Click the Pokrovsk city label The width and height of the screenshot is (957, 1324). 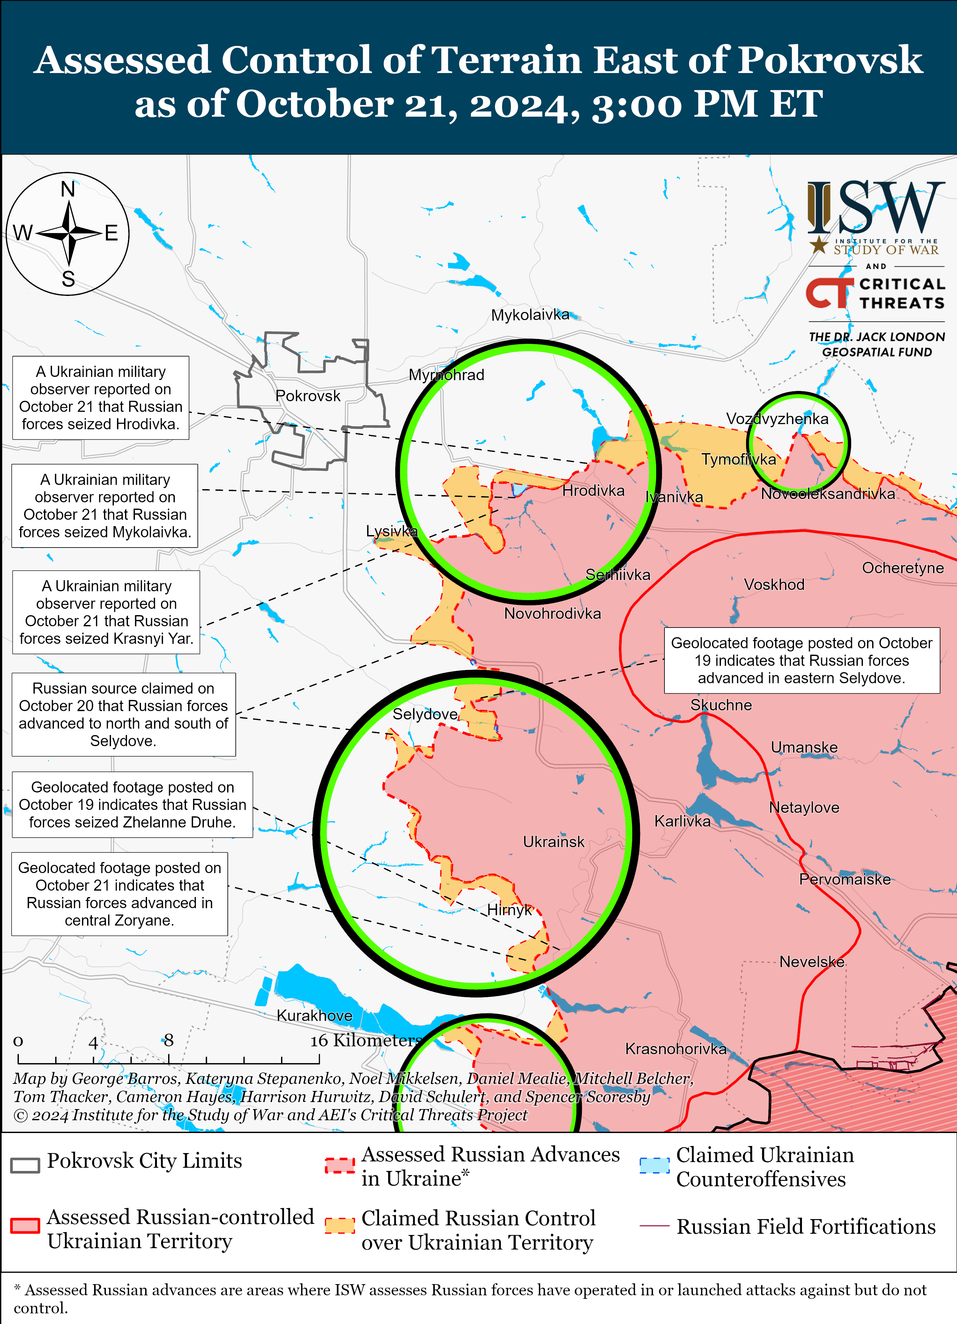click(308, 396)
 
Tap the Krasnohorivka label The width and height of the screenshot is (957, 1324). click(676, 1048)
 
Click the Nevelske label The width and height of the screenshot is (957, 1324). click(812, 961)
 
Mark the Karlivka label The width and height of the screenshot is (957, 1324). click(682, 821)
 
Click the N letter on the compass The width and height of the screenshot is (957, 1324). click(68, 190)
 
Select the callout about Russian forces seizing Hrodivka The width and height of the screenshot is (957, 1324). click(100, 398)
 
